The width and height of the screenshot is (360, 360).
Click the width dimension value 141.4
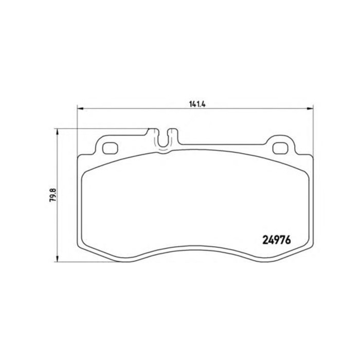pyautogui.click(x=197, y=103)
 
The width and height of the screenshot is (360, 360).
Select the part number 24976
pyautogui.click(x=277, y=240)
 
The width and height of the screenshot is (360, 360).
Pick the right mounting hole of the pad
pyautogui.click(x=280, y=148)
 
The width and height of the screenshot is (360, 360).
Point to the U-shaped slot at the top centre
pyautogui.click(x=164, y=141)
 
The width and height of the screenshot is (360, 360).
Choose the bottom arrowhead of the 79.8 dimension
pyautogui.click(x=57, y=261)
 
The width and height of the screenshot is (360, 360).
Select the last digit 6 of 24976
pyautogui.click(x=289, y=240)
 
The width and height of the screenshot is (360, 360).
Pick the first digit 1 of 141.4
pyautogui.click(x=191, y=103)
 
